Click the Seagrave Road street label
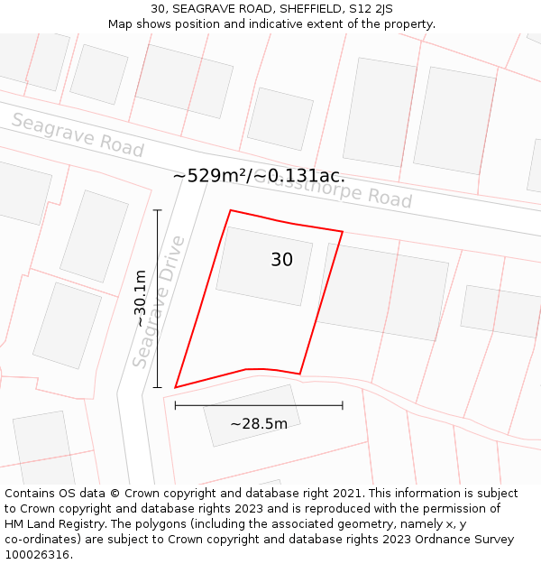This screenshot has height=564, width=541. pyautogui.click(x=78, y=135)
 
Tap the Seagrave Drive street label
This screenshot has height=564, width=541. pyautogui.click(x=160, y=301)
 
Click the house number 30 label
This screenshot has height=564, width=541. pyautogui.click(x=281, y=260)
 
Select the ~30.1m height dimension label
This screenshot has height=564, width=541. pyautogui.click(x=140, y=299)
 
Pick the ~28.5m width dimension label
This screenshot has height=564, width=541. pyautogui.click(x=259, y=424)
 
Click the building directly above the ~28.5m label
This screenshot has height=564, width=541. pyautogui.click(x=252, y=415)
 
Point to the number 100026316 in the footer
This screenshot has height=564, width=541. pyautogui.click(x=39, y=555)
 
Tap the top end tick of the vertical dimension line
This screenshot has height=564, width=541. pyautogui.click(x=158, y=210)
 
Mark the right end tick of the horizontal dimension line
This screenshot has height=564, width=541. pyautogui.click(x=343, y=405)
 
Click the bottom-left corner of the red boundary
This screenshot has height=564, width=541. pyautogui.click(x=175, y=388)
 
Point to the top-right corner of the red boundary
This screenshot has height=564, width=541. pyautogui.click(x=343, y=232)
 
